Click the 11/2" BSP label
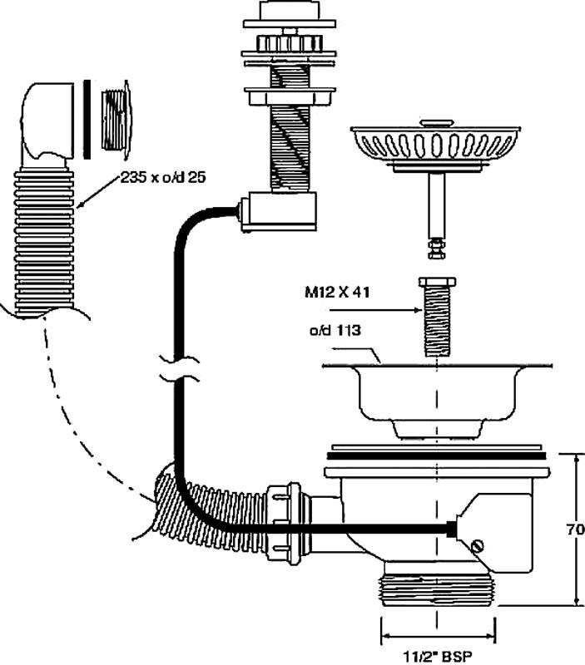pyautogui.click(x=438, y=655)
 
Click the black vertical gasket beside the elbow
pyautogui.click(x=87, y=116)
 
